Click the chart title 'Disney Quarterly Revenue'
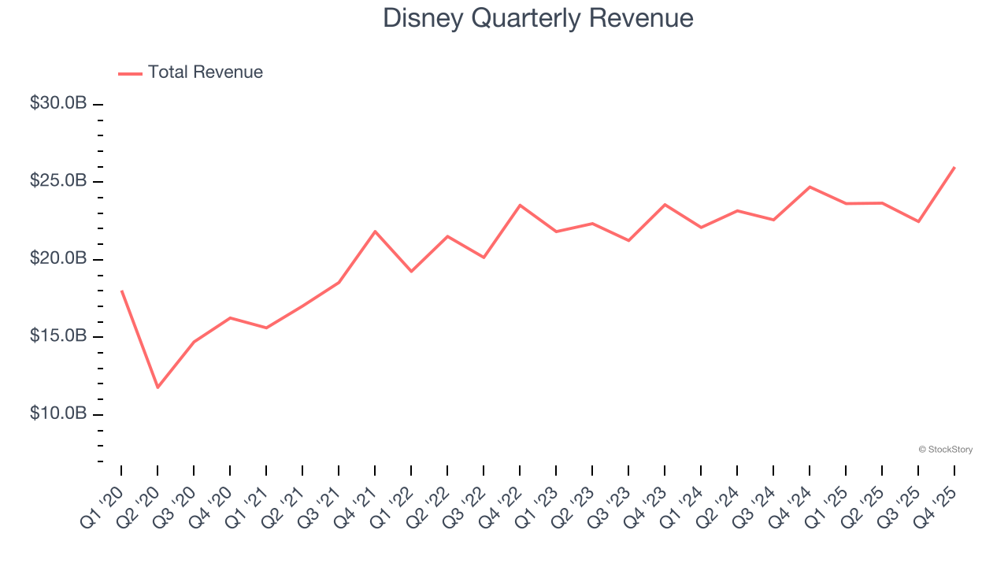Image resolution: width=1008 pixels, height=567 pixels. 538,18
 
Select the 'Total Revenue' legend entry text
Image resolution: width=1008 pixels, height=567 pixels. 205,72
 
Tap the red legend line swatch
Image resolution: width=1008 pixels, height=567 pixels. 130,73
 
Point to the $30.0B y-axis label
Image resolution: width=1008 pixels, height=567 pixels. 58,104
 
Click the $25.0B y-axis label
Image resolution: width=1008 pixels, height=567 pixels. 58,181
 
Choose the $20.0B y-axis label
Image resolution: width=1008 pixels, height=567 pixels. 58,259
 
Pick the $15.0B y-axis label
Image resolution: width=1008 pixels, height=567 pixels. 58,336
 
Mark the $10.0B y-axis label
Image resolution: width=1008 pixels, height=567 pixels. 58,414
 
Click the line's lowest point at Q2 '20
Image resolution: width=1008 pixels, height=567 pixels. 157,387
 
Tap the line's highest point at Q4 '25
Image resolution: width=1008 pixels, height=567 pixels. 954,167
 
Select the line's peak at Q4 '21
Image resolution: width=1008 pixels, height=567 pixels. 375,231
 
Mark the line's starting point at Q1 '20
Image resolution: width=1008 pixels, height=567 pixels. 121,291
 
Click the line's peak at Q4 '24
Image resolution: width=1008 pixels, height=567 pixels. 810,187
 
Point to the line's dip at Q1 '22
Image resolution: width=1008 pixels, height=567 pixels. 411,272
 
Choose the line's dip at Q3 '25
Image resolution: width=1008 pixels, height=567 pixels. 918,221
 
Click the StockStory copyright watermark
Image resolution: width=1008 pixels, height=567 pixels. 945,450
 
